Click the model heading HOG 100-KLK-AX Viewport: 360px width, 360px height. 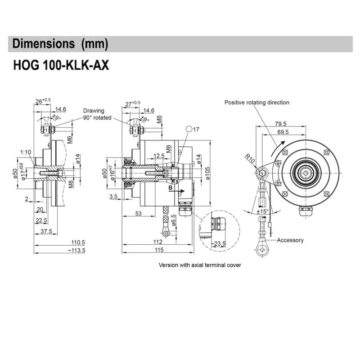tap(61, 65)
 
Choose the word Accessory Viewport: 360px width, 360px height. tap(290, 240)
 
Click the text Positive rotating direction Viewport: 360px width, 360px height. tap(257, 103)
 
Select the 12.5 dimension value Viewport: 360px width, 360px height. tap(159, 156)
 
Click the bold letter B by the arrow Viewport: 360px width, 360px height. tap(171, 187)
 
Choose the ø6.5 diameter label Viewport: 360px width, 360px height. tap(174, 220)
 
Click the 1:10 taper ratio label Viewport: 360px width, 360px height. tap(25, 152)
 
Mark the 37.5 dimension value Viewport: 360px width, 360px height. tap(46, 231)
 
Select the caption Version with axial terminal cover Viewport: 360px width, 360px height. tap(200, 265)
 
